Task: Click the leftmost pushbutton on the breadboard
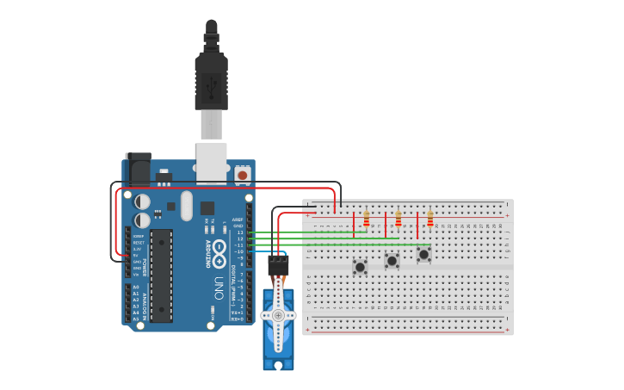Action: click(x=360, y=267)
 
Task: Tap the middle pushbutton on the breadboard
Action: click(x=392, y=260)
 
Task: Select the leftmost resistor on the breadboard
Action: click(x=366, y=219)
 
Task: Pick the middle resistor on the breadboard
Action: click(x=398, y=219)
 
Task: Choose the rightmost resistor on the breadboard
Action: click(x=429, y=219)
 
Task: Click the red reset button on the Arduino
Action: click(x=242, y=175)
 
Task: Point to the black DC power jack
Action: click(x=138, y=169)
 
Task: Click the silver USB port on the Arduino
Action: click(x=211, y=162)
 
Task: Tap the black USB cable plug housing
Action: click(x=211, y=82)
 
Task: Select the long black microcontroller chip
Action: click(x=161, y=275)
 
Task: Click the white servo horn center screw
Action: click(x=278, y=315)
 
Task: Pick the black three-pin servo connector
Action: click(x=278, y=264)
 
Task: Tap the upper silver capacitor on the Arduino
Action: click(x=143, y=201)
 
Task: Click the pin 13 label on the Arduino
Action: click(x=240, y=232)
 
